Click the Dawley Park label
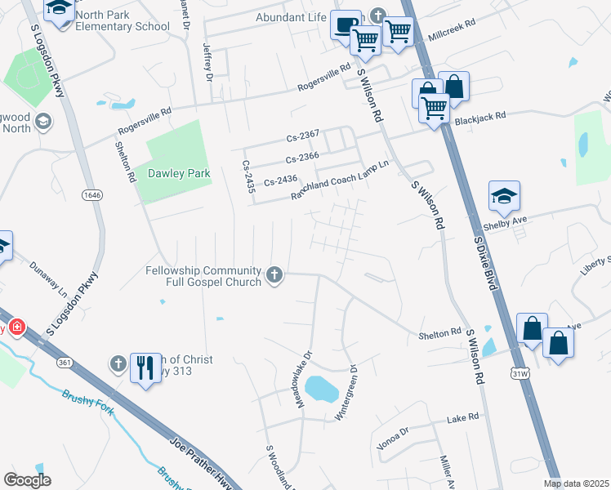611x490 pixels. (x=179, y=173)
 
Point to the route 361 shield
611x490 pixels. (x=65, y=361)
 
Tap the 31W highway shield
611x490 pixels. (x=520, y=373)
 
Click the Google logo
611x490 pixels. (x=27, y=480)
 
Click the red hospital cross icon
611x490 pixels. (x=16, y=327)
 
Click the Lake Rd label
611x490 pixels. (x=462, y=417)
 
